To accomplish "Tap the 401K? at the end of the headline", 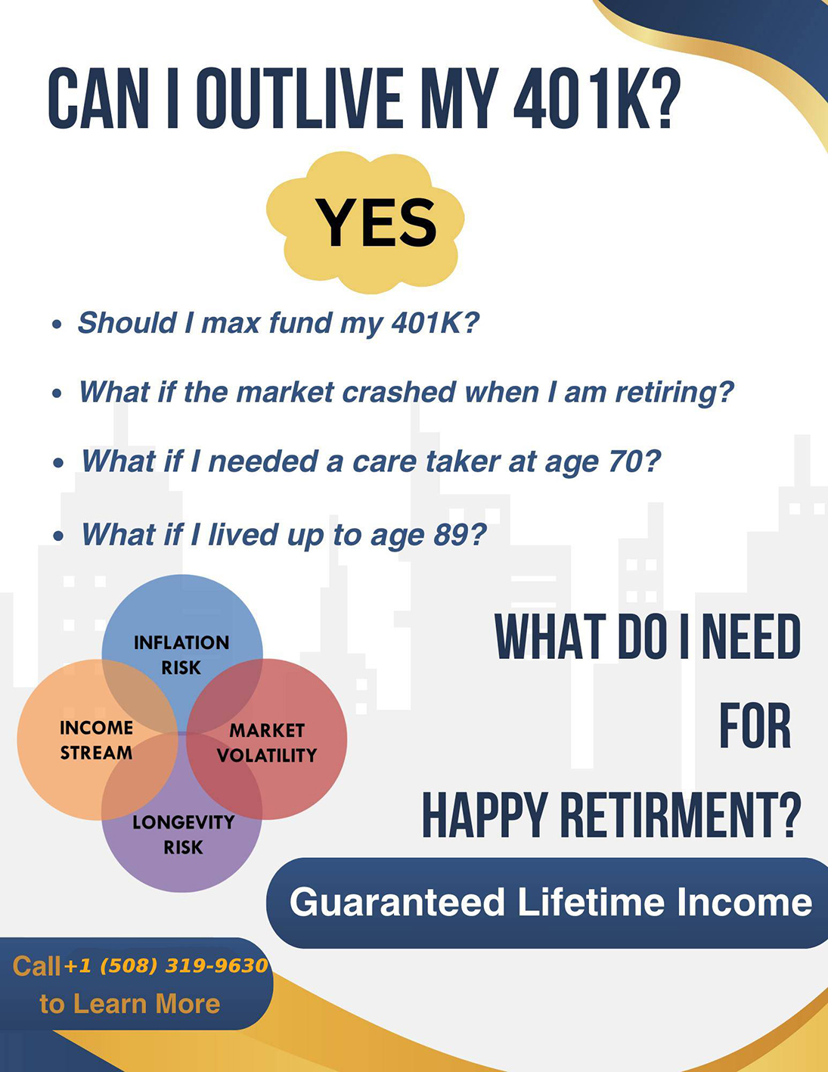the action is click(x=597, y=98).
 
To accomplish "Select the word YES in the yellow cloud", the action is click(x=376, y=223).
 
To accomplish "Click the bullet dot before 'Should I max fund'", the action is click(x=57, y=324).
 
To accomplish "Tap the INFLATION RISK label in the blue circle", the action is click(x=181, y=654).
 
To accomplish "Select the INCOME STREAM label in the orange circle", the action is click(x=96, y=740).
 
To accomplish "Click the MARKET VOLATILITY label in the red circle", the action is click(x=267, y=742).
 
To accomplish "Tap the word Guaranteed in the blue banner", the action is click(x=397, y=903).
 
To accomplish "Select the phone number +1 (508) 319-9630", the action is click(x=166, y=965).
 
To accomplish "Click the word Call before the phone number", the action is click(x=37, y=966).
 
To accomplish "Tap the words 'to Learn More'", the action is click(x=130, y=1003).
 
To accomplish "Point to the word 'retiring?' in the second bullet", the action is click(x=674, y=393).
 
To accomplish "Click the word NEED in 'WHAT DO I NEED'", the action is click(x=751, y=636).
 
